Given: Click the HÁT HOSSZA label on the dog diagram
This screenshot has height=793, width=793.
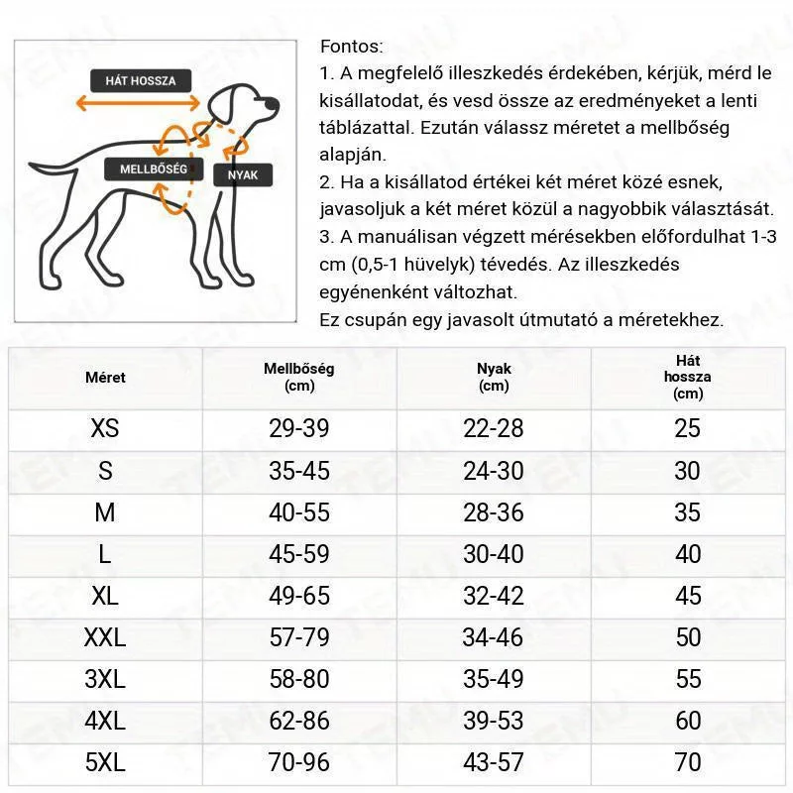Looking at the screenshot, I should pyautogui.click(x=141, y=80).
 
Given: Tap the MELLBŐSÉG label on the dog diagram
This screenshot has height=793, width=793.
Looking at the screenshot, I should pyautogui.click(x=153, y=169).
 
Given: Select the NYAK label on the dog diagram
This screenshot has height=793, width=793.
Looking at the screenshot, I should pyautogui.click(x=242, y=174).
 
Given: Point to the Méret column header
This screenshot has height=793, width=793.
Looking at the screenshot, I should pyautogui.click(x=105, y=378).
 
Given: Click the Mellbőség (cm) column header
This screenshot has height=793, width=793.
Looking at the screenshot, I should pyautogui.click(x=299, y=377).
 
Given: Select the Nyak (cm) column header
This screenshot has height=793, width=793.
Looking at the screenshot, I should pyautogui.click(x=494, y=377).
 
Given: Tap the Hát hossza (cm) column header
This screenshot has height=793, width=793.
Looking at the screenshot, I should pyautogui.click(x=688, y=377).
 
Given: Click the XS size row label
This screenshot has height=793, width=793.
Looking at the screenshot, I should pyautogui.click(x=105, y=428).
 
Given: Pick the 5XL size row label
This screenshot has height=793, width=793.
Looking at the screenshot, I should pyautogui.click(x=105, y=762).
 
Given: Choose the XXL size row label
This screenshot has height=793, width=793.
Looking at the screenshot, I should pyautogui.click(x=105, y=637).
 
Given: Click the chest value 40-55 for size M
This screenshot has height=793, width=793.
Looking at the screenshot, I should pyautogui.click(x=299, y=512).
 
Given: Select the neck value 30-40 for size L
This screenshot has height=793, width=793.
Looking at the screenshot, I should pyautogui.click(x=494, y=554).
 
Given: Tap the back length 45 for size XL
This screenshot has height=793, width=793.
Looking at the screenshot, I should pyautogui.click(x=688, y=596).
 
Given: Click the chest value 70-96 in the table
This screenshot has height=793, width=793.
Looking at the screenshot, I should pyautogui.click(x=299, y=762).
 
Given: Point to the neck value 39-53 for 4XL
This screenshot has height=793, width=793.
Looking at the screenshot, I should pyautogui.click(x=494, y=721).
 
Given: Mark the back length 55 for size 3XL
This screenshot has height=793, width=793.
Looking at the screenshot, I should pyautogui.click(x=688, y=679).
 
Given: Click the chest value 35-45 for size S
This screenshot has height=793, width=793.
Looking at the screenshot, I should pyautogui.click(x=299, y=470).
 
